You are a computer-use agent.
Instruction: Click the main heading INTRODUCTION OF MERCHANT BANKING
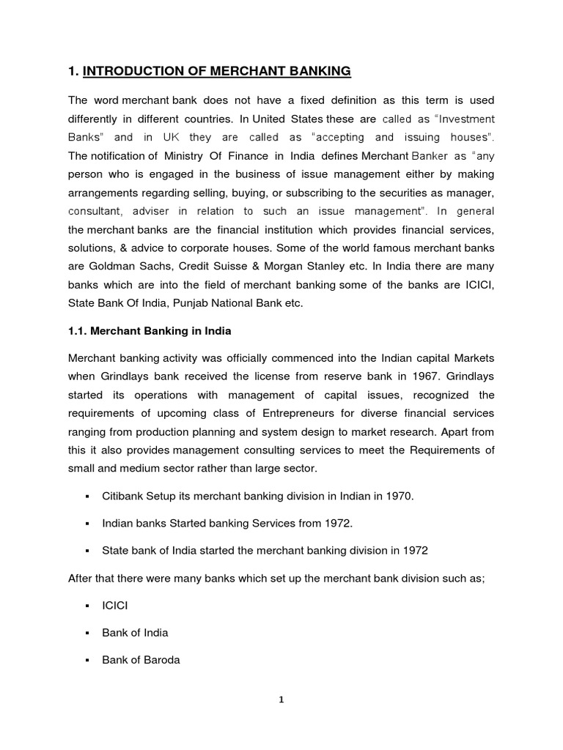[217, 71]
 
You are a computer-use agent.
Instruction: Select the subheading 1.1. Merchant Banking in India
[150, 331]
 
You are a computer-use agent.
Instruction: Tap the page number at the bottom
[281, 699]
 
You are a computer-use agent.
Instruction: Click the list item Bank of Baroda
[141, 660]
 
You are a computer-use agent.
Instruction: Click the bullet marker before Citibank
[87, 497]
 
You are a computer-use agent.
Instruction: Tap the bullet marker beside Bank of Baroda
[87, 660]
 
